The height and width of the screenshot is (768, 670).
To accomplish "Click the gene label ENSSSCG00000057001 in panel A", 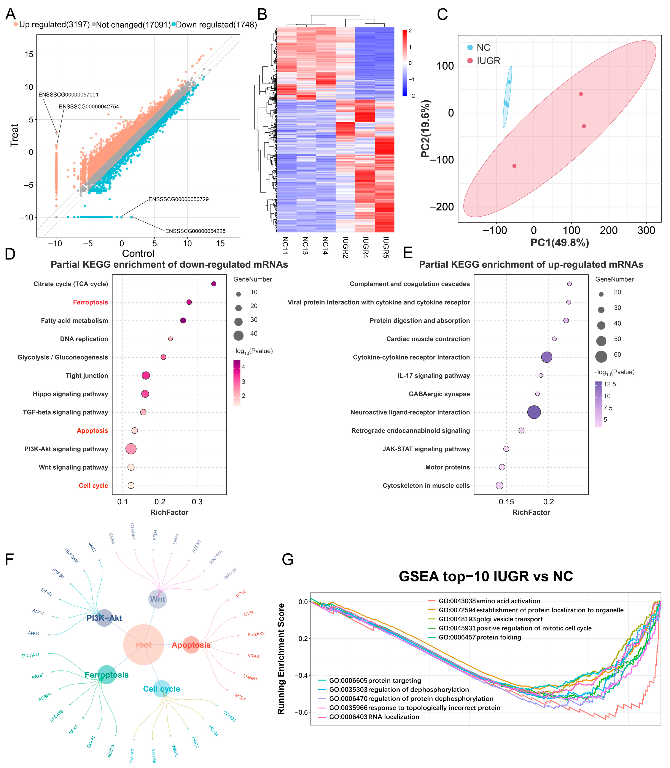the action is [68, 95].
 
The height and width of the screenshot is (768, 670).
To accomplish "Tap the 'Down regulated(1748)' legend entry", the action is [214, 25].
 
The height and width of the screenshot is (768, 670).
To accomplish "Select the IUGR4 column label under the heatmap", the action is [366, 247].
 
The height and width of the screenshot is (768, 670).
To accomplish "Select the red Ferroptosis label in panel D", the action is [91, 302].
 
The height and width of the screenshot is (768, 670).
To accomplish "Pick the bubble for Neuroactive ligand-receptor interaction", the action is [534, 412].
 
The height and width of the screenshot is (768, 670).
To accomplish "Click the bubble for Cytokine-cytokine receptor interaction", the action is [547, 357].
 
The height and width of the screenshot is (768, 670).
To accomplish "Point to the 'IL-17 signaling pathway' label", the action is [434, 376].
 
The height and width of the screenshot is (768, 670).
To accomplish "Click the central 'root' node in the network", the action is [143, 644].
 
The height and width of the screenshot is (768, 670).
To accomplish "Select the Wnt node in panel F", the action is [158, 599].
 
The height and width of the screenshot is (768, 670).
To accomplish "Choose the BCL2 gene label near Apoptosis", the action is [241, 593].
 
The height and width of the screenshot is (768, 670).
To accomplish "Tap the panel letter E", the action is [408, 253].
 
